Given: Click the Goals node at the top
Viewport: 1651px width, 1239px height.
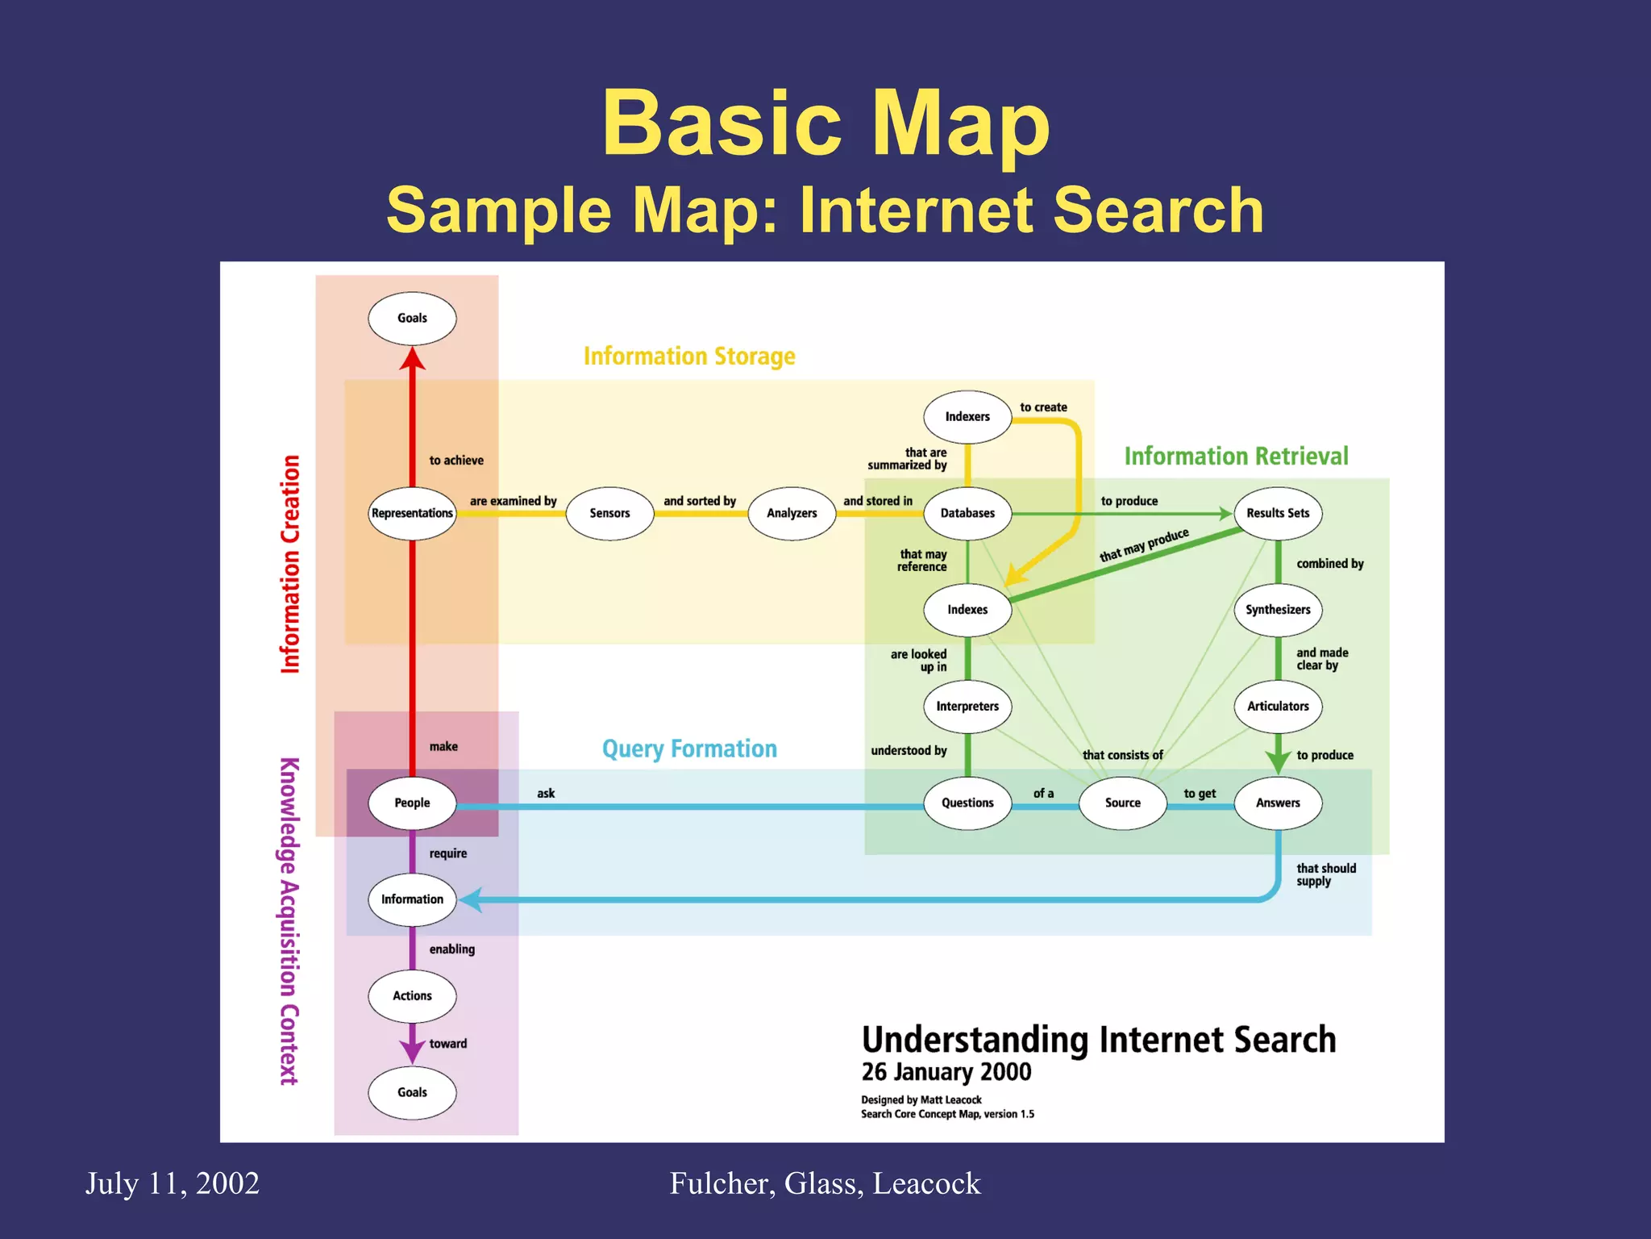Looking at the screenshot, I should [x=412, y=318].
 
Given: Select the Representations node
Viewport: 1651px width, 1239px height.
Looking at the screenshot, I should [x=412, y=513].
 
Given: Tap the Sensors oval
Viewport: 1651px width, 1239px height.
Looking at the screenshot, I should [x=609, y=513].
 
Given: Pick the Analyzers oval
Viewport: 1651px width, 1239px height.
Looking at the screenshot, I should [x=792, y=513].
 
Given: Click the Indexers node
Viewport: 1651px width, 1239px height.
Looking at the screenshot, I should [x=967, y=416].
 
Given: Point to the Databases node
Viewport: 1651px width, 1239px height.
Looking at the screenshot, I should [x=967, y=513].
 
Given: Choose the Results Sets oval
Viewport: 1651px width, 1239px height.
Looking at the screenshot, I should [x=1278, y=513].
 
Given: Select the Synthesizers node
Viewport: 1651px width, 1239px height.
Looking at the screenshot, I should [x=1278, y=610].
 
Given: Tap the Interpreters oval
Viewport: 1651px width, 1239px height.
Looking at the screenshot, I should [x=967, y=707].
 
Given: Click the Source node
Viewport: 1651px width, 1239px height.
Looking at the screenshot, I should [x=1123, y=803].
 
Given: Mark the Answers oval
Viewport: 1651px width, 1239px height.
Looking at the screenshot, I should [x=1278, y=803].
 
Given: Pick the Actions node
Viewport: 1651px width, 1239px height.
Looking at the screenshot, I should [x=412, y=996].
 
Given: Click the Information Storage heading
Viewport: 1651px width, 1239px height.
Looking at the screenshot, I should [x=689, y=356].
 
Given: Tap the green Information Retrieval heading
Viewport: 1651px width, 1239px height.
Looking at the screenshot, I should [x=1236, y=457].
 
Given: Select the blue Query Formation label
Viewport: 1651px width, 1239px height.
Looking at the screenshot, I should [x=689, y=749].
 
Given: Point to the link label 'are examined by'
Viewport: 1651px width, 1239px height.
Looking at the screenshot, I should [x=514, y=501].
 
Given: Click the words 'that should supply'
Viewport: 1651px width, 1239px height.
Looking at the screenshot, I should [x=1325, y=874].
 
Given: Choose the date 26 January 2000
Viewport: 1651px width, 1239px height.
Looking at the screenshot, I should [x=946, y=1072].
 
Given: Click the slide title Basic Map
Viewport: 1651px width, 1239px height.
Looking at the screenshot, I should [x=825, y=123].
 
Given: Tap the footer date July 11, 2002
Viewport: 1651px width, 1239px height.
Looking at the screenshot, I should [x=173, y=1183].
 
